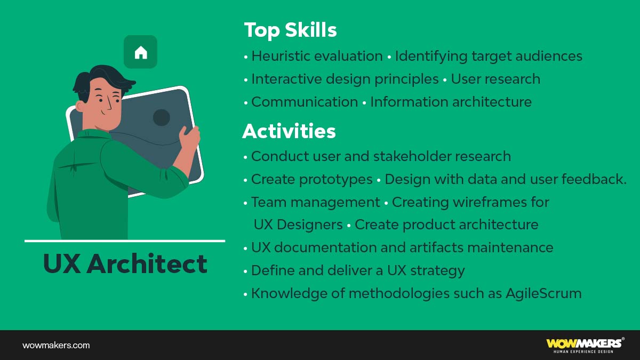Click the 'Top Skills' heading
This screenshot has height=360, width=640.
click(290, 30)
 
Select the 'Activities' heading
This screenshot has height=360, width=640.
click(289, 131)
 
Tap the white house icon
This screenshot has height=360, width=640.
click(141, 52)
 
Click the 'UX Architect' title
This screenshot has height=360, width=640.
click(125, 264)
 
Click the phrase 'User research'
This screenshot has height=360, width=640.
click(495, 79)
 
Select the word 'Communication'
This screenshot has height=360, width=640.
click(305, 102)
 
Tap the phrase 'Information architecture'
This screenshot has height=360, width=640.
click(451, 102)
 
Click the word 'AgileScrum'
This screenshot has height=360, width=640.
click(543, 293)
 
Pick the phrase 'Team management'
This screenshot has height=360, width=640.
click(316, 202)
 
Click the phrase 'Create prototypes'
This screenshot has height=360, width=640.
click(312, 179)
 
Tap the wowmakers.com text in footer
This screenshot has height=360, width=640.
click(56, 345)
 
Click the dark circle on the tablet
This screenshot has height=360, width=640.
click(162, 117)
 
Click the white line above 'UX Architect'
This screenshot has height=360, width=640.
click(125, 241)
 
